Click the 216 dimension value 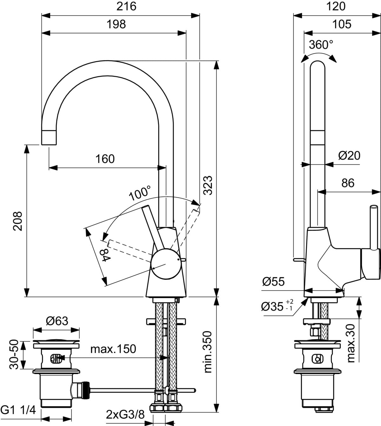click(126, 6)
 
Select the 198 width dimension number click(116, 24)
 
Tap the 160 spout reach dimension click(105, 159)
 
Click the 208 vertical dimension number click(18, 221)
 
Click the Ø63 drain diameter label click(57, 321)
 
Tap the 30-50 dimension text click(14, 355)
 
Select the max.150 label click(113, 349)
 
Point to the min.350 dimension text click(207, 352)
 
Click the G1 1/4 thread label click(18, 410)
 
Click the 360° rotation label click(321, 45)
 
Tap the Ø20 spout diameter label click(349, 155)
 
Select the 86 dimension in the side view click(348, 183)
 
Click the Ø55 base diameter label click(273, 281)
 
